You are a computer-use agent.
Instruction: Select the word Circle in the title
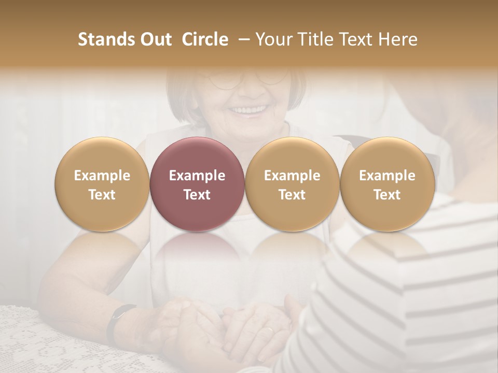[x=205, y=39]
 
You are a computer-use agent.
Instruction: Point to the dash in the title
[x=242, y=40]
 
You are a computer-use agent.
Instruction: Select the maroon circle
[x=197, y=184]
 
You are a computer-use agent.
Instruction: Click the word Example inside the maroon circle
[x=197, y=176]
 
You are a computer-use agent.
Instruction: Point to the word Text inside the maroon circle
[x=197, y=195]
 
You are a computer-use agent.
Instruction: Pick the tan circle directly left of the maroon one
[x=102, y=184]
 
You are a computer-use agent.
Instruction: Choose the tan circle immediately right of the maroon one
[x=292, y=184]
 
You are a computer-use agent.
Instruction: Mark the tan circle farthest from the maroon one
[x=387, y=184]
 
